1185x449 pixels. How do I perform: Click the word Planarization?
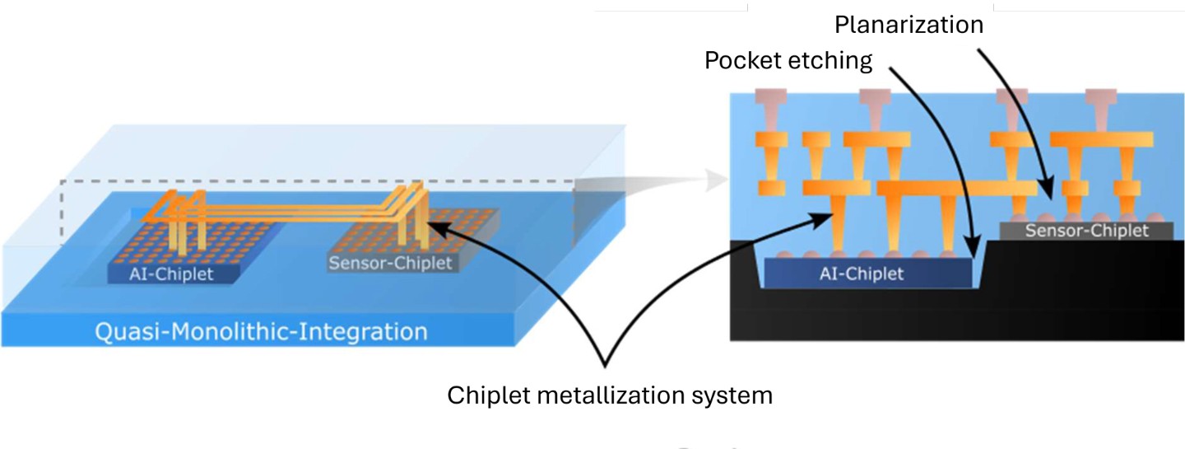[908, 25]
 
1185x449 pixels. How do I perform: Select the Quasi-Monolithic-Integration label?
[262, 332]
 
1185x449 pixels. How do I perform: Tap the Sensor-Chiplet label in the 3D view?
[390, 264]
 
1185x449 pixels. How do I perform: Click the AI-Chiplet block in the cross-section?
[869, 274]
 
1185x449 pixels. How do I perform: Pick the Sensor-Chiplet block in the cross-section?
[1086, 231]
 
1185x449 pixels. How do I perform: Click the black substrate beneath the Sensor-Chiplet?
[1086, 288]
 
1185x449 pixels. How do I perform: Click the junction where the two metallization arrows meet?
[607, 363]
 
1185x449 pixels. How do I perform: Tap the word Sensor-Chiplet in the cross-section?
[1086, 231]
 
